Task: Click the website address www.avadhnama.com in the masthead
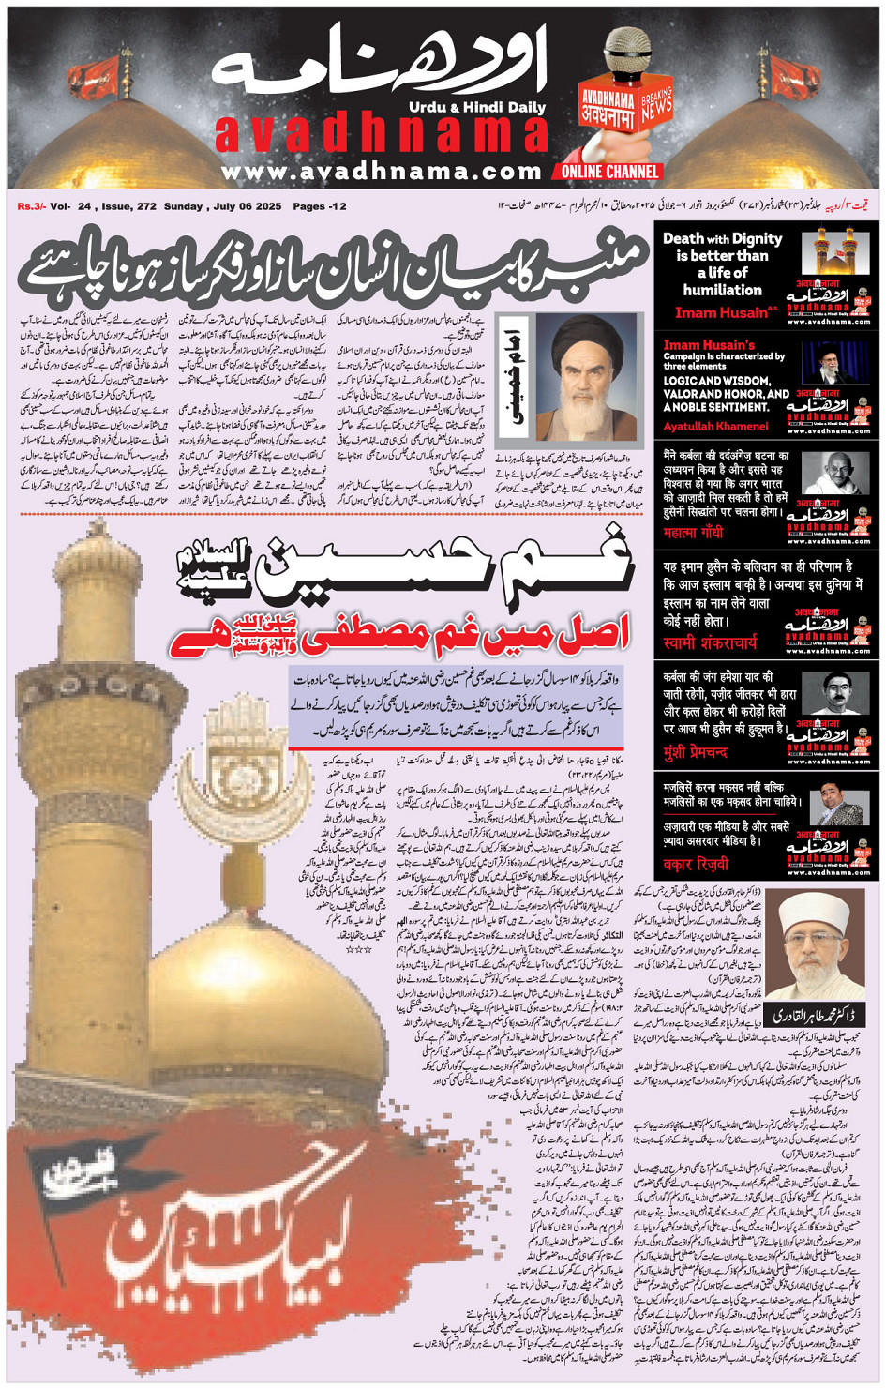pyautogui.click(x=381, y=172)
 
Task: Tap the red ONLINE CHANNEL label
pyautogui.click(x=609, y=172)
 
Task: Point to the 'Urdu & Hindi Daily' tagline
pyautogui.click(x=477, y=108)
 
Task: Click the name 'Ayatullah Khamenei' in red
pyautogui.click(x=715, y=426)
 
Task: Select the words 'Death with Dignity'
pyautogui.click(x=722, y=239)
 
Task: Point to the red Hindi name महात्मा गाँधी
pyautogui.click(x=693, y=533)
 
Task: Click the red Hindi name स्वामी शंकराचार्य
pyautogui.click(x=710, y=642)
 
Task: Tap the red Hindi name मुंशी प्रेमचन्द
pyautogui.click(x=695, y=752)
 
